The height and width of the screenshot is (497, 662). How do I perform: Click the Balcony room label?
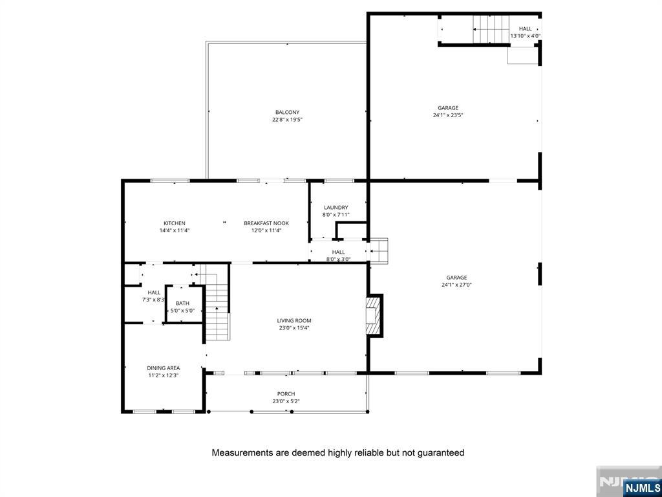(x=287, y=112)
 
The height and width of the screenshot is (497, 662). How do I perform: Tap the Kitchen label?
(x=174, y=223)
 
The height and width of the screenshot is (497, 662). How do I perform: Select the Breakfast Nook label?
(x=266, y=223)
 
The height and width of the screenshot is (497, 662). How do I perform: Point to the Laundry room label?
(x=336, y=208)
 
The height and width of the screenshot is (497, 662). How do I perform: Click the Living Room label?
(x=294, y=320)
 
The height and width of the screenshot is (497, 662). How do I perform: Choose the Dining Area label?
(x=163, y=368)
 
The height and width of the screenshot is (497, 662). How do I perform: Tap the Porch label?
(x=286, y=393)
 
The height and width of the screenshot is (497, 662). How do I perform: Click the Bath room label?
(x=182, y=303)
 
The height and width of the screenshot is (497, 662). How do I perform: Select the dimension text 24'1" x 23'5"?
(x=448, y=115)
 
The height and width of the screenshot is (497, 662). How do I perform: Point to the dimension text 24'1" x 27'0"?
(x=456, y=285)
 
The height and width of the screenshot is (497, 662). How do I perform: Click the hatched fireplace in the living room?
(x=374, y=316)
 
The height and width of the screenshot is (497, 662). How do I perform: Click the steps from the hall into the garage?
(x=379, y=250)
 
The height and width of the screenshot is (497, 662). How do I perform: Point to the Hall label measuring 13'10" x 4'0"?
(x=525, y=28)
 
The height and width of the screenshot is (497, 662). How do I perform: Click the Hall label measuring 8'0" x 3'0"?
(x=339, y=252)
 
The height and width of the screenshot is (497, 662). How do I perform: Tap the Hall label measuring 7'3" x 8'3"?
(x=154, y=293)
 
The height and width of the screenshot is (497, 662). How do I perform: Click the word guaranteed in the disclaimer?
(x=440, y=453)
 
